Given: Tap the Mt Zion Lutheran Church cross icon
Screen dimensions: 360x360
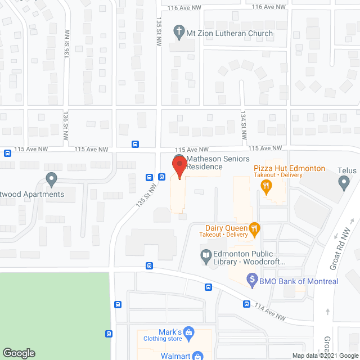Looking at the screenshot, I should [179, 32].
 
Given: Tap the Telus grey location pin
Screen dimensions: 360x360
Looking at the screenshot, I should [344, 181].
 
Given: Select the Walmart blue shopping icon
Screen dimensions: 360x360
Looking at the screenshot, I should [197, 355].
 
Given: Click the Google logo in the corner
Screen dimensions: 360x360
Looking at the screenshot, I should [19, 353].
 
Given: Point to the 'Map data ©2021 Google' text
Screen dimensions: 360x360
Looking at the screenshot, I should [325, 355].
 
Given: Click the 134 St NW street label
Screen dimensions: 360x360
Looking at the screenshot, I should [244, 131].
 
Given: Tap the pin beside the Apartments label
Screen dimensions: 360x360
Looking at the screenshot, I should [51, 180].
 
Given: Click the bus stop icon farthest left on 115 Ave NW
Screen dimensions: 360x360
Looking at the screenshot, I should [7, 152].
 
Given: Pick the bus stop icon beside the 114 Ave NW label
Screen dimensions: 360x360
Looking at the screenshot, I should [247, 304].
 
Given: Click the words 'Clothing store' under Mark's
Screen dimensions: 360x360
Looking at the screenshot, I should [162, 339].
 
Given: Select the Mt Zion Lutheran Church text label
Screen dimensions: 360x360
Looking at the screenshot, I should [229, 33].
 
